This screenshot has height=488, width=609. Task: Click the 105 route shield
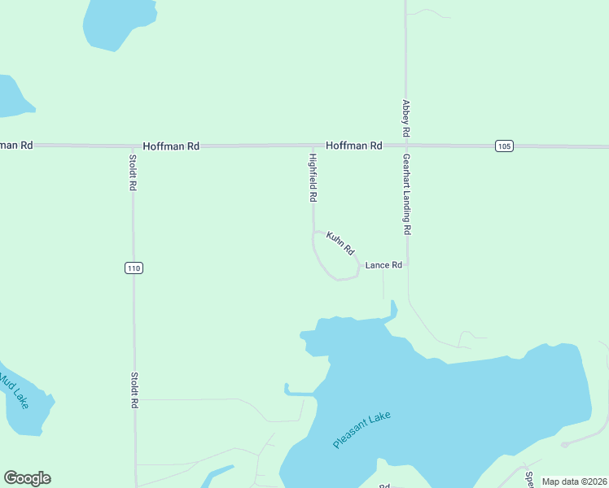pos(504,146)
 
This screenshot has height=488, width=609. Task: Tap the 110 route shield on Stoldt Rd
pos(134,268)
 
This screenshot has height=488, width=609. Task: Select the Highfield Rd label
pos(313,176)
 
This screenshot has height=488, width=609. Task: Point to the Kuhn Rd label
pos(341,242)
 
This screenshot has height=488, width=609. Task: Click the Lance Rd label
pos(383,265)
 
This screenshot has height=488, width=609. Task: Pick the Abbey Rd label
pos(405,118)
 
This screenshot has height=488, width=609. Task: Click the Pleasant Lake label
pos(362,430)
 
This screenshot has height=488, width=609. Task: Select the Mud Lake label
pos(15,390)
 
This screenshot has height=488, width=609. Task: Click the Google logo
pos(27,478)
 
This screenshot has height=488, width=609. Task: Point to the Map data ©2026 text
pos(574,481)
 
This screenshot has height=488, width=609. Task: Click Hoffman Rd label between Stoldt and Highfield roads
pos(171,146)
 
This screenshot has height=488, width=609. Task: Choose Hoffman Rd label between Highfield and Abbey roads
pos(354,146)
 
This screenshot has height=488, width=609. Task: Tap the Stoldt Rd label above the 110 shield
pos(133,172)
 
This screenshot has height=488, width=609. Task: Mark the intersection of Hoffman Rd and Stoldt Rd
pos(134,146)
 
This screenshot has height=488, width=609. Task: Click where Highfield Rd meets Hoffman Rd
pos(313,146)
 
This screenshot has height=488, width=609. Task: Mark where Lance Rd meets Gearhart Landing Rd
pos(406,265)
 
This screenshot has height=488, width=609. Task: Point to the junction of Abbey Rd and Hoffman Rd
pos(405,146)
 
